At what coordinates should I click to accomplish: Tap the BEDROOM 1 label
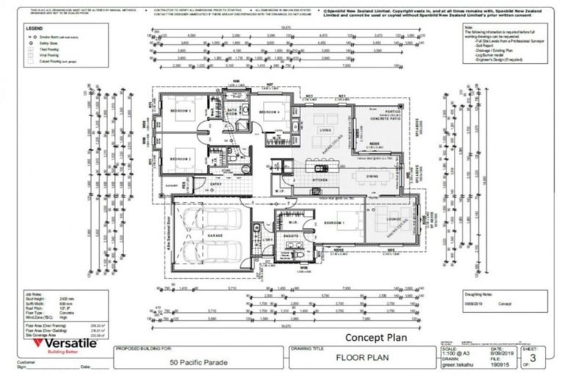(x=335, y=222)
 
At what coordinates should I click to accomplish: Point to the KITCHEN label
(x=320, y=179)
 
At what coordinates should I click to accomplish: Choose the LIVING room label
(x=325, y=131)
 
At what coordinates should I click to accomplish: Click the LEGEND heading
(x=34, y=29)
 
